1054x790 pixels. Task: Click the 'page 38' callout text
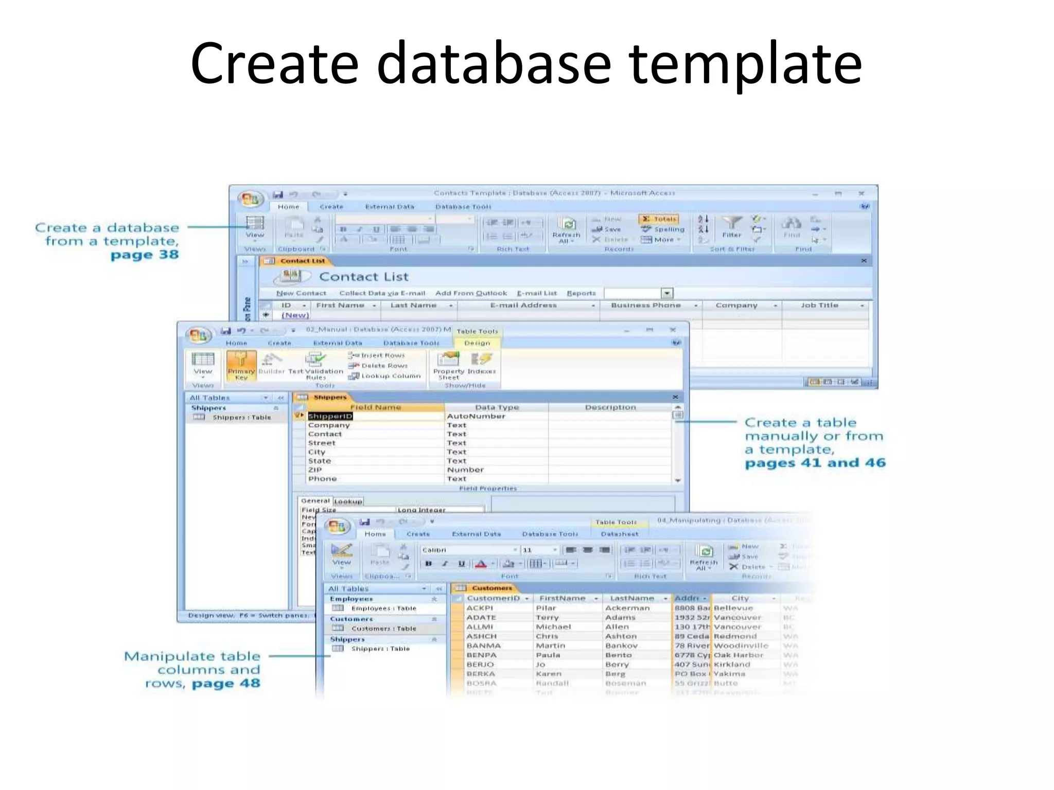click(x=145, y=255)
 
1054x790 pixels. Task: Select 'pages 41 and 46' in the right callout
click(x=815, y=463)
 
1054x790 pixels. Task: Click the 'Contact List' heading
click(x=363, y=277)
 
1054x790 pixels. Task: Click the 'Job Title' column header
click(x=819, y=306)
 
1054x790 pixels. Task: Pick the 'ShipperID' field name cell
click(x=330, y=416)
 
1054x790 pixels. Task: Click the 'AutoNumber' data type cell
click(x=476, y=416)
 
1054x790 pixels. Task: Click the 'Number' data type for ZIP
click(x=465, y=470)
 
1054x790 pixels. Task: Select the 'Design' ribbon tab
click(x=477, y=343)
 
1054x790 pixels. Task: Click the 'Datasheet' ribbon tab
click(x=620, y=534)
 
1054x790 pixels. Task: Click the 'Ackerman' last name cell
click(x=627, y=608)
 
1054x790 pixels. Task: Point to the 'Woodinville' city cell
click(x=741, y=645)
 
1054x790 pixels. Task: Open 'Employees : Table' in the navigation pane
click(x=383, y=608)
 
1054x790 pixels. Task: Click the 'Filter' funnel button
click(x=731, y=226)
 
